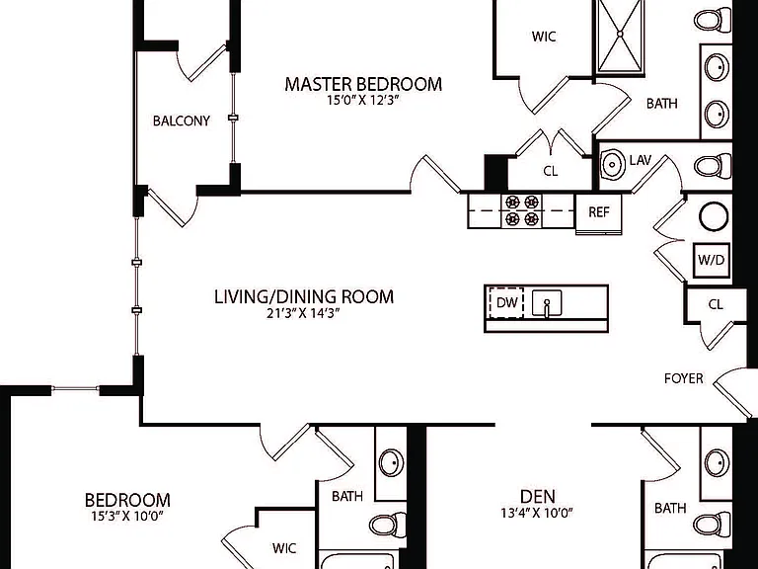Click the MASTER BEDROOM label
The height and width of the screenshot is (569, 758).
tap(363, 84)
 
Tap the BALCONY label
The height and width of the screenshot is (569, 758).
tap(182, 121)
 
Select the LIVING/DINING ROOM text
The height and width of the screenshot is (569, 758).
tap(304, 296)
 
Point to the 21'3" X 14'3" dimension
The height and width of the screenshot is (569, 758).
tap(303, 313)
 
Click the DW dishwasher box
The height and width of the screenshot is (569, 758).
tap(507, 303)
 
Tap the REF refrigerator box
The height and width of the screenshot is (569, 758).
tap(598, 213)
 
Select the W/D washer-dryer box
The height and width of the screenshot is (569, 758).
tap(711, 261)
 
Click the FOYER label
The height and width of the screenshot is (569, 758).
tap(684, 378)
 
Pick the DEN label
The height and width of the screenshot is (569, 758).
tap(538, 497)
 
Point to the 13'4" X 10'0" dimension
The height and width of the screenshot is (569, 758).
tap(537, 513)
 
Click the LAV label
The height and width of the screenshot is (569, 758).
tap(641, 160)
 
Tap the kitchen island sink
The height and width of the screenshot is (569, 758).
tap(547, 303)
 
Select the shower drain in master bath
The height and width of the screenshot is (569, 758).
tap(620, 34)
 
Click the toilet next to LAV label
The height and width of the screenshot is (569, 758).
tap(713, 166)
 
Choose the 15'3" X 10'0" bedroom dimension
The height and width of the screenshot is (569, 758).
tap(127, 517)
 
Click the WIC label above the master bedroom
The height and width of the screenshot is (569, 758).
tap(544, 37)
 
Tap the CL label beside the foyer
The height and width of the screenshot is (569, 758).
tap(716, 305)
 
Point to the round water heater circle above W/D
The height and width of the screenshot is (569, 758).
tap(714, 216)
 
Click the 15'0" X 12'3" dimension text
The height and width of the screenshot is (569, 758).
tap(362, 101)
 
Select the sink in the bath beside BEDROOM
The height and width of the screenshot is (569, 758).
tap(391, 463)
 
